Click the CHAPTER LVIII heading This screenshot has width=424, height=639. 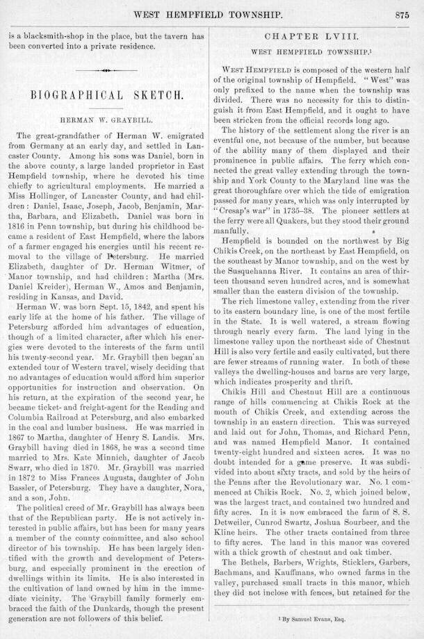tap(320, 35)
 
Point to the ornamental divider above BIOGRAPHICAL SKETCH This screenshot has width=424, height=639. tap(106, 70)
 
